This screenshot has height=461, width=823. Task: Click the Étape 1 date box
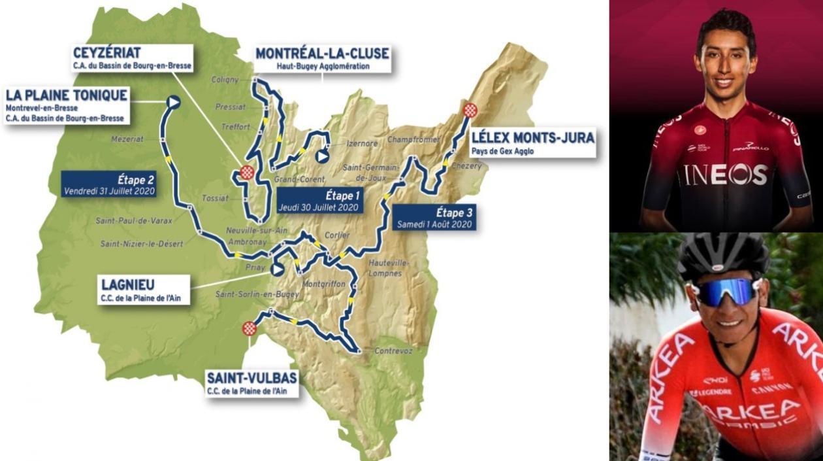(x=319, y=201)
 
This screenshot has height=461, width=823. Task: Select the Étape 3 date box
(x=434, y=217)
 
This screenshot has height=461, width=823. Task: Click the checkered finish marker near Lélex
(x=470, y=110)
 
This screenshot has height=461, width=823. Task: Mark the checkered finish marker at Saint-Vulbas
(x=249, y=328)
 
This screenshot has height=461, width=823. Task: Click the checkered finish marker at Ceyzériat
(x=247, y=173)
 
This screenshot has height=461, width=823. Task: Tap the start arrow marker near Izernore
(x=321, y=156)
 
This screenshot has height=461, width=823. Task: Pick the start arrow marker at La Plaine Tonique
(x=173, y=101)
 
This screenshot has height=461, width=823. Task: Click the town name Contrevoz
(x=394, y=350)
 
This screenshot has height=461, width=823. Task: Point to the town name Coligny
(x=225, y=79)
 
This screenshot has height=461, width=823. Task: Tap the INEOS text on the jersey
(x=725, y=174)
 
